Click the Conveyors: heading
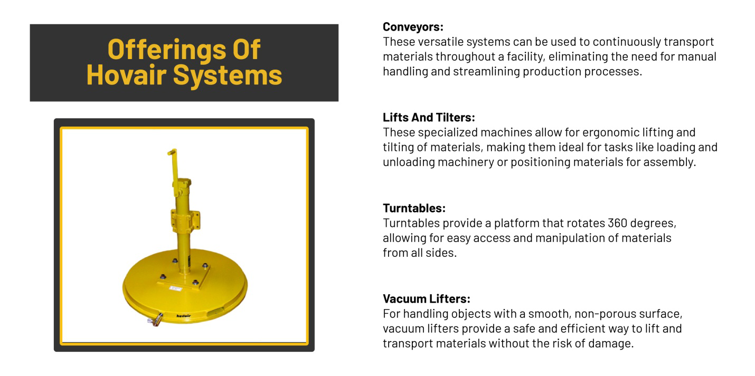(413, 27)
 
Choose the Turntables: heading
(414, 208)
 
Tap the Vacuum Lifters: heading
(426, 299)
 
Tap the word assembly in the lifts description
(671, 162)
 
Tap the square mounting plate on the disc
(185, 277)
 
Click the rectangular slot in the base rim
(217, 312)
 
